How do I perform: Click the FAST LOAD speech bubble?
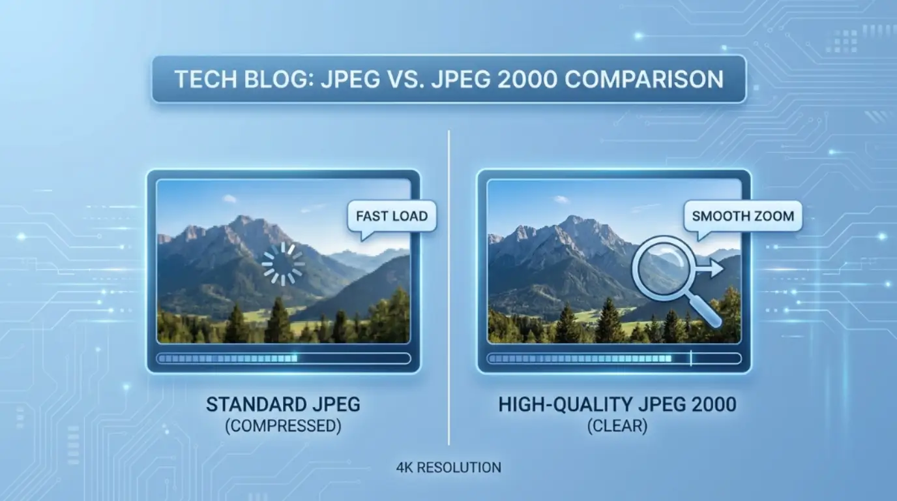point(392,216)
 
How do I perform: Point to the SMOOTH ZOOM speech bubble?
point(743,216)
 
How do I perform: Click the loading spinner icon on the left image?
point(283,264)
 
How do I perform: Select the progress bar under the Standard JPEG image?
point(284,358)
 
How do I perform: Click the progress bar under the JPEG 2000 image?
point(614,358)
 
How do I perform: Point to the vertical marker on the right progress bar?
point(692,358)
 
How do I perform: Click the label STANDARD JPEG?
point(283,404)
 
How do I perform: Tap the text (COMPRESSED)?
point(283,426)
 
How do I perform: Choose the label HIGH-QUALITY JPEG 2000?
point(617,404)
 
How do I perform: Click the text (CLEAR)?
point(617,426)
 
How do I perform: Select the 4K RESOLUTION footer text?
point(448,468)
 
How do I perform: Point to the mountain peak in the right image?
point(574,220)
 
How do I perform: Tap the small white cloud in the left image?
point(229,198)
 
